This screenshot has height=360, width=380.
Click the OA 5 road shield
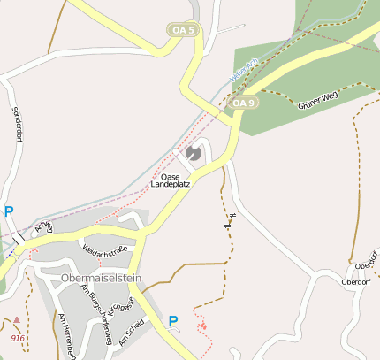183,30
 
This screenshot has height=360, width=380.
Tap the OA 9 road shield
244,103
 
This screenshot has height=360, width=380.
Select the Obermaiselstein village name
102,278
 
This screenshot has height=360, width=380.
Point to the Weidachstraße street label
105,251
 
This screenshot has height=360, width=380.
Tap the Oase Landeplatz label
171,180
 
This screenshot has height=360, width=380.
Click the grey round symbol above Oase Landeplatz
194,154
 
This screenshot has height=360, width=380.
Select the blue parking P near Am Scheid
173,321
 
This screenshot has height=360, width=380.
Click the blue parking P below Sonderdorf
9,211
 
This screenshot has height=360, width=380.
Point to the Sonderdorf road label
15,128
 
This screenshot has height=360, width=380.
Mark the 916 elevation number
18,338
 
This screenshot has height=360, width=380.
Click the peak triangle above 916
17,320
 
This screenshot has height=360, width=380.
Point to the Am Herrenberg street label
66,335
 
